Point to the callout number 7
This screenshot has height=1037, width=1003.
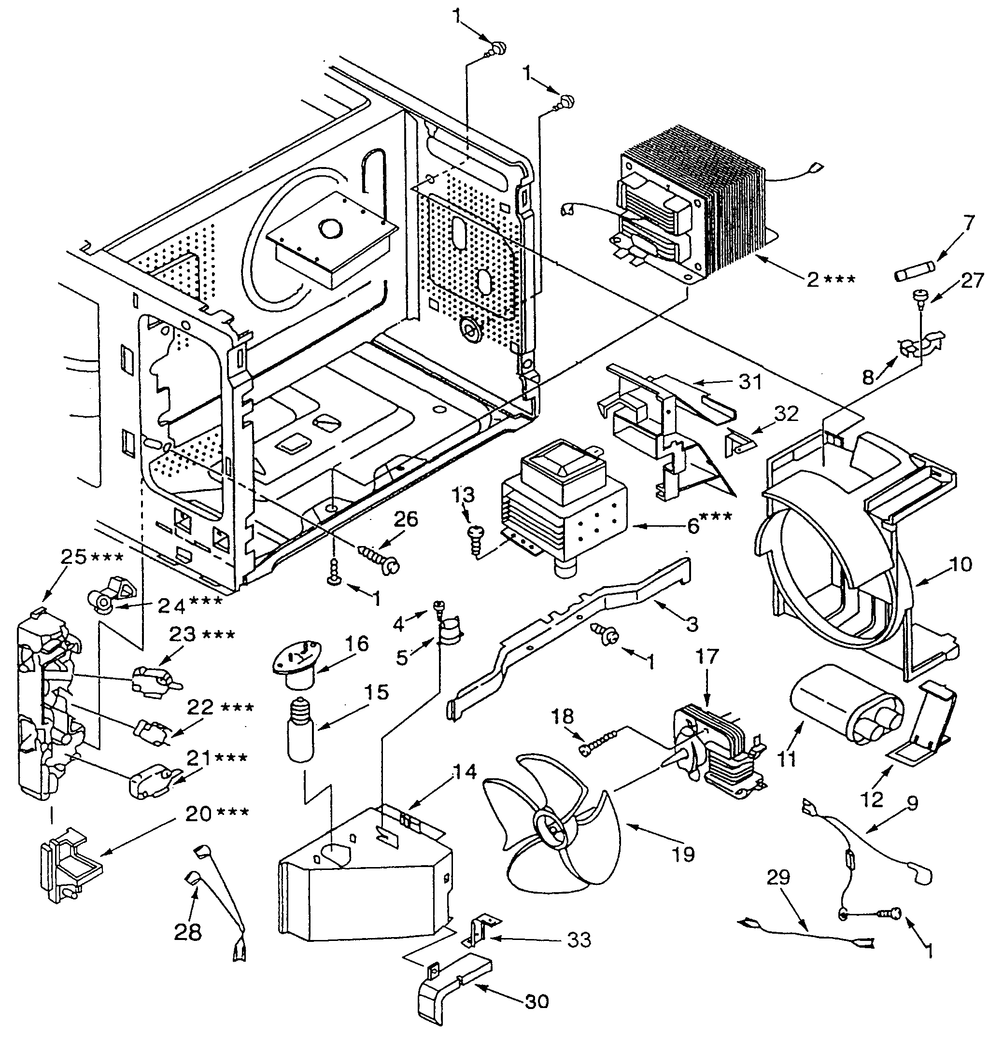968,223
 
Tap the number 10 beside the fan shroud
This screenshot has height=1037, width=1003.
961,564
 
